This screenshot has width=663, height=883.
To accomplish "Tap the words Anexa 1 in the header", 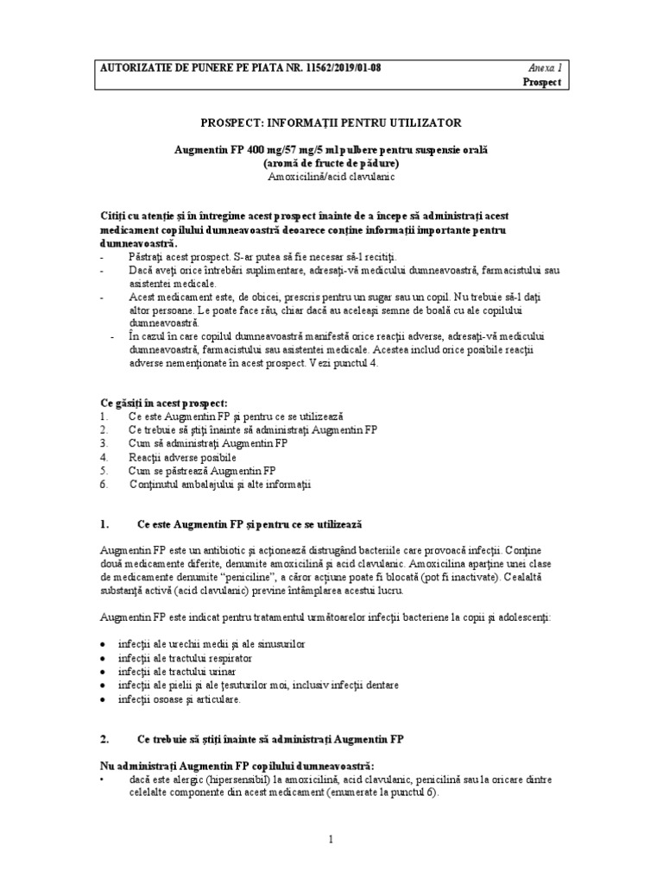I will [544, 67].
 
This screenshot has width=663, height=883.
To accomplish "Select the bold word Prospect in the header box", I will [542, 82].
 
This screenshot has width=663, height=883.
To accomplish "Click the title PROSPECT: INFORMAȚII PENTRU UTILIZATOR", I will [331, 123].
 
